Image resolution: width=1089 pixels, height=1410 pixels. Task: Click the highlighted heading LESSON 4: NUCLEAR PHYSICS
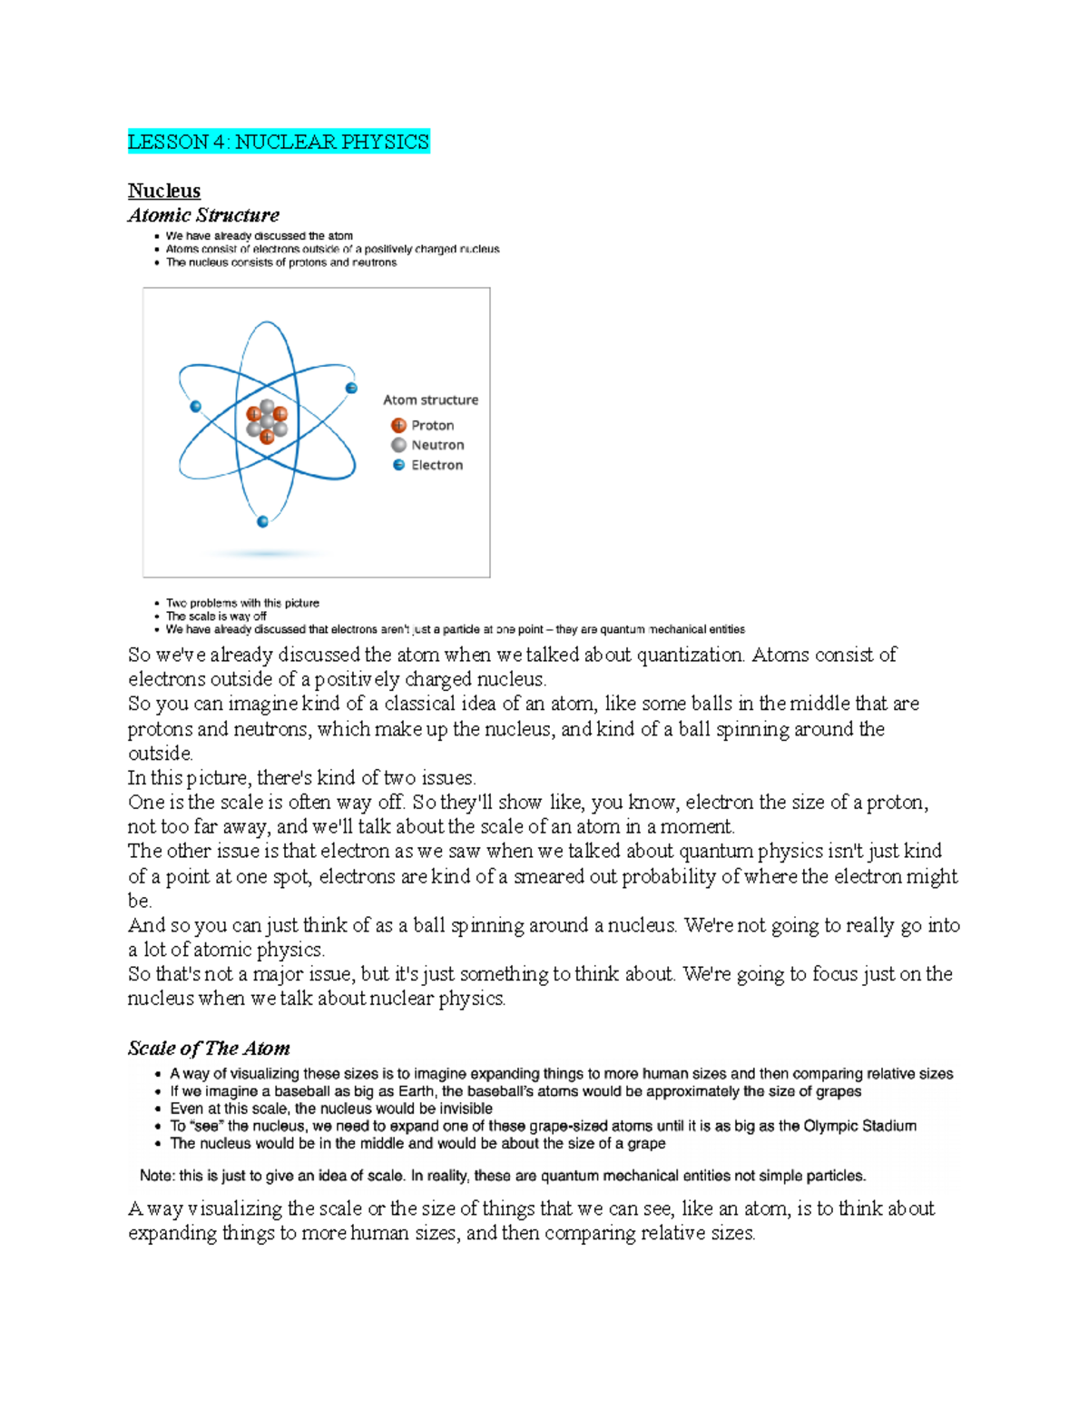(x=279, y=142)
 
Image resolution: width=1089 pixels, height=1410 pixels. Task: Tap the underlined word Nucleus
(x=164, y=191)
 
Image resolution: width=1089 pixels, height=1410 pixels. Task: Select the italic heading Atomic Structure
(x=203, y=215)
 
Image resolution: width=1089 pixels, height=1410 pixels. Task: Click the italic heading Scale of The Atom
(x=209, y=1048)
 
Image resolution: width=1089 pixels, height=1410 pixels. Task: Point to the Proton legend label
(x=432, y=425)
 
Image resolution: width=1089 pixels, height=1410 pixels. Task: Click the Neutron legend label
(x=437, y=445)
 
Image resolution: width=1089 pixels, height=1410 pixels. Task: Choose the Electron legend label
(x=437, y=465)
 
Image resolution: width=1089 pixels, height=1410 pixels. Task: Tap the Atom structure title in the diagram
(x=430, y=399)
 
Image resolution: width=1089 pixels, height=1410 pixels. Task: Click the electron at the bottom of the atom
(x=263, y=521)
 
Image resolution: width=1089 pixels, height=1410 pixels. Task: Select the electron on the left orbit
(x=195, y=407)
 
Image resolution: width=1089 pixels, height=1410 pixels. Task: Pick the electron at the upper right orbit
(x=351, y=389)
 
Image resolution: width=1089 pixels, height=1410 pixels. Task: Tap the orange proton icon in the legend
(x=398, y=425)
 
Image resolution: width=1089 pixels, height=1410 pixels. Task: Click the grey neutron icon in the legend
(x=398, y=445)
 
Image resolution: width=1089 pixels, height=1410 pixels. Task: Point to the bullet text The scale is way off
(x=216, y=616)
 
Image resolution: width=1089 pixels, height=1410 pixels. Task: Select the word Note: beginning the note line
(x=157, y=1176)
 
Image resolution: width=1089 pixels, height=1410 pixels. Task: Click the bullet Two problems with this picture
(x=242, y=603)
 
